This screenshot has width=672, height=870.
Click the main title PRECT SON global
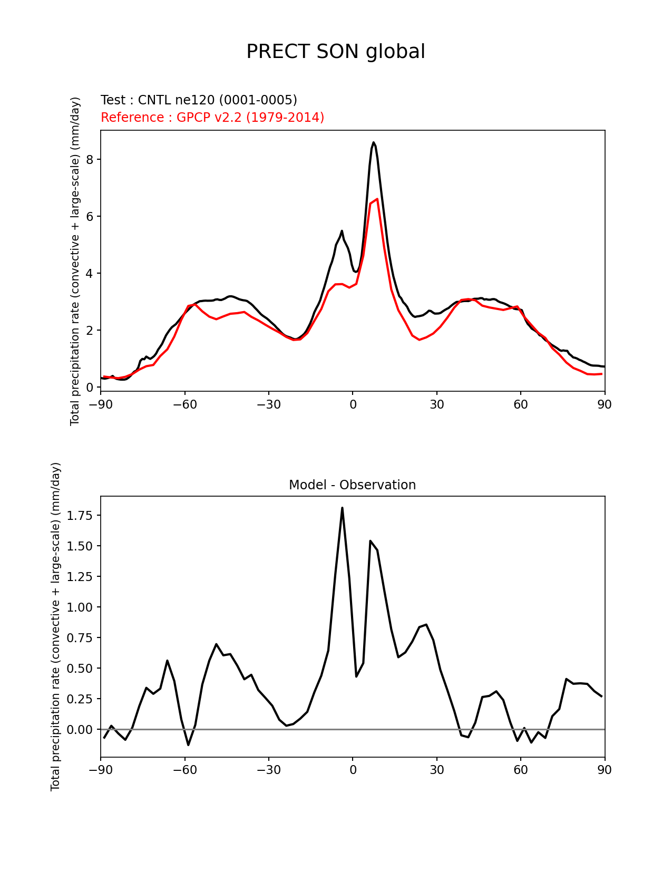tap(336, 52)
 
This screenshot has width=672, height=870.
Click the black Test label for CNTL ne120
tap(199, 100)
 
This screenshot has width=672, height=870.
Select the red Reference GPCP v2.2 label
tap(212, 117)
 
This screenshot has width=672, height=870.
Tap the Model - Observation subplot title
tap(352, 485)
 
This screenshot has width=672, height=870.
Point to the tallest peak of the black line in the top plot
tap(373, 142)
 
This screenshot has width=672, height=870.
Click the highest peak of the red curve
tap(377, 199)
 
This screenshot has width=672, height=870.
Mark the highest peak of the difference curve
tap(342, 508)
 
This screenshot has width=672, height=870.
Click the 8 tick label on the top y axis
tap(90, 160)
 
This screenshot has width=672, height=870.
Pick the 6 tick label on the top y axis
tap(90, 217)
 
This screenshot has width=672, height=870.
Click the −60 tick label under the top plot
tap(184, 404)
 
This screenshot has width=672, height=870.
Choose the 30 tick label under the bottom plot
tap(436, 770)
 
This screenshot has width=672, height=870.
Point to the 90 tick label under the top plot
tap(605, 404)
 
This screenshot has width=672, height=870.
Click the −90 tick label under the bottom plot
tap(101, 770)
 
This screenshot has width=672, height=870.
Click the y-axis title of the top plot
tap(75, 261)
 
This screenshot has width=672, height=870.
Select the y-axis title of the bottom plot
tap(56, 626)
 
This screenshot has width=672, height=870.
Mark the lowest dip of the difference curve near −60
tap(188, 745)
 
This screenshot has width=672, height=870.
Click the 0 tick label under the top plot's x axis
tap(353, 404)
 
